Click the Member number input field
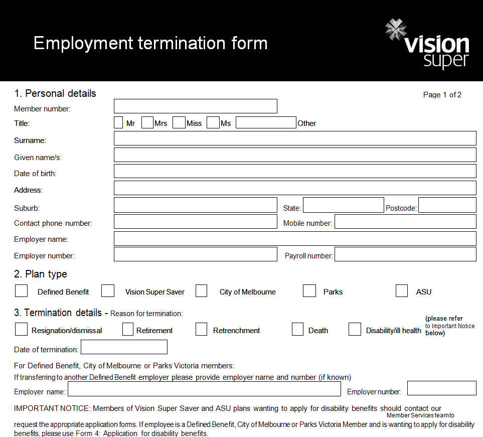coord(195,106)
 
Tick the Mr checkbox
coord(118,122)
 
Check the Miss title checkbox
coord(179,122)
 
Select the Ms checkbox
coord(213,122)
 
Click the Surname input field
coord(295,138)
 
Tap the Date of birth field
coord(295,171)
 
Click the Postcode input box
coord(447,205)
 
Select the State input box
coord(343,205)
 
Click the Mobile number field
coord(405,222)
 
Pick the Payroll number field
coord(405,254)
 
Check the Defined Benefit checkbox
coord(21,291)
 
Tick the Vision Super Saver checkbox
coord(108,291)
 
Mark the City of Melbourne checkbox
coord(201,291)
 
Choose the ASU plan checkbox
coord(402,291)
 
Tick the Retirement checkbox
coord(128,329)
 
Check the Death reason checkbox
coord(298,329)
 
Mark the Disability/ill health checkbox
coord(355,329)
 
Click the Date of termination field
coord(124,347)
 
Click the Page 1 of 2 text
coord(442,95)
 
